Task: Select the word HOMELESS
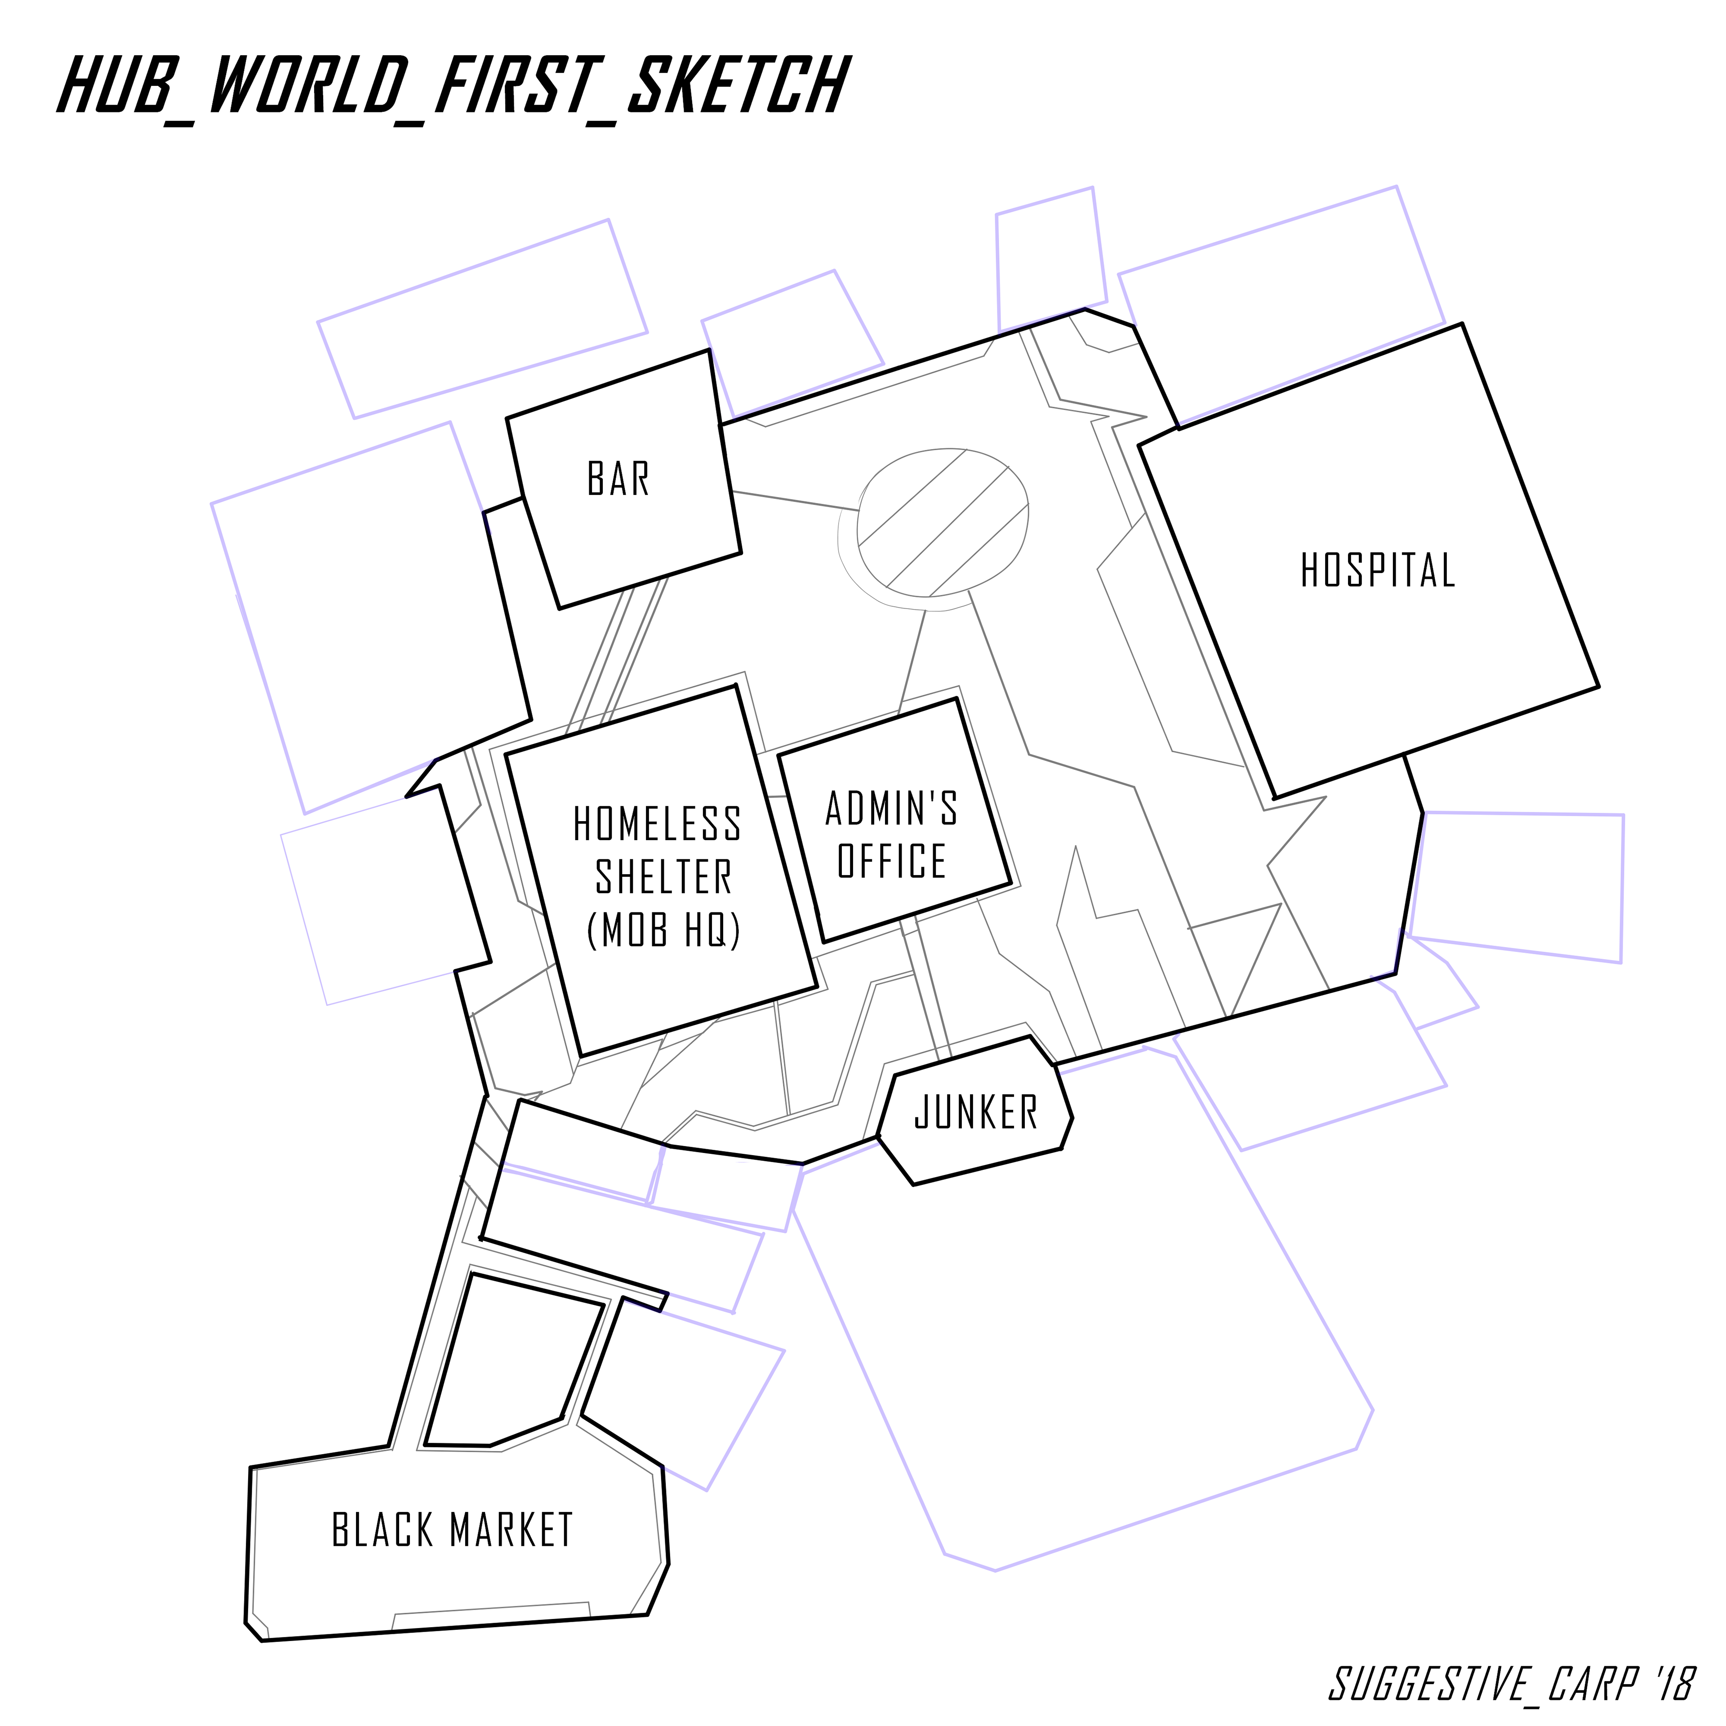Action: click(x=657, y=824)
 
